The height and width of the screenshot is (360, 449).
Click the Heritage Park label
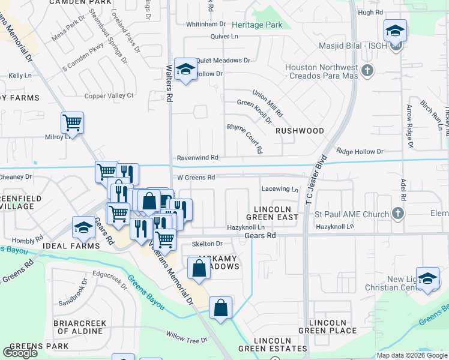click(258, 25)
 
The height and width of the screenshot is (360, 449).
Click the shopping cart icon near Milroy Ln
click(72, 123)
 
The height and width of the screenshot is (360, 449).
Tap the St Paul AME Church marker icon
click(397, 213)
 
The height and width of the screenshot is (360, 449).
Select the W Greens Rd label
click(196, 178)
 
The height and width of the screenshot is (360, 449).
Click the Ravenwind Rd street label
click(197, 157)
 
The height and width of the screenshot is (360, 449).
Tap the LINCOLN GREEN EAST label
click(273, 212)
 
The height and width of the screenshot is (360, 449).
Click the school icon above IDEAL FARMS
click(83, 227)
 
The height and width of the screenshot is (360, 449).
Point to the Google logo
click(20, 352)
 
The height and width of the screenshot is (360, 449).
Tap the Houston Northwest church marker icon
click(368, 71)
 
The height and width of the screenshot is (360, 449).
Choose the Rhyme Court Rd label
click(245, 137)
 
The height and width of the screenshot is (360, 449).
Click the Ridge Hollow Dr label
click(360, 152)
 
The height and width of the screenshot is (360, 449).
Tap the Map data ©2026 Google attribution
click(412, 355)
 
